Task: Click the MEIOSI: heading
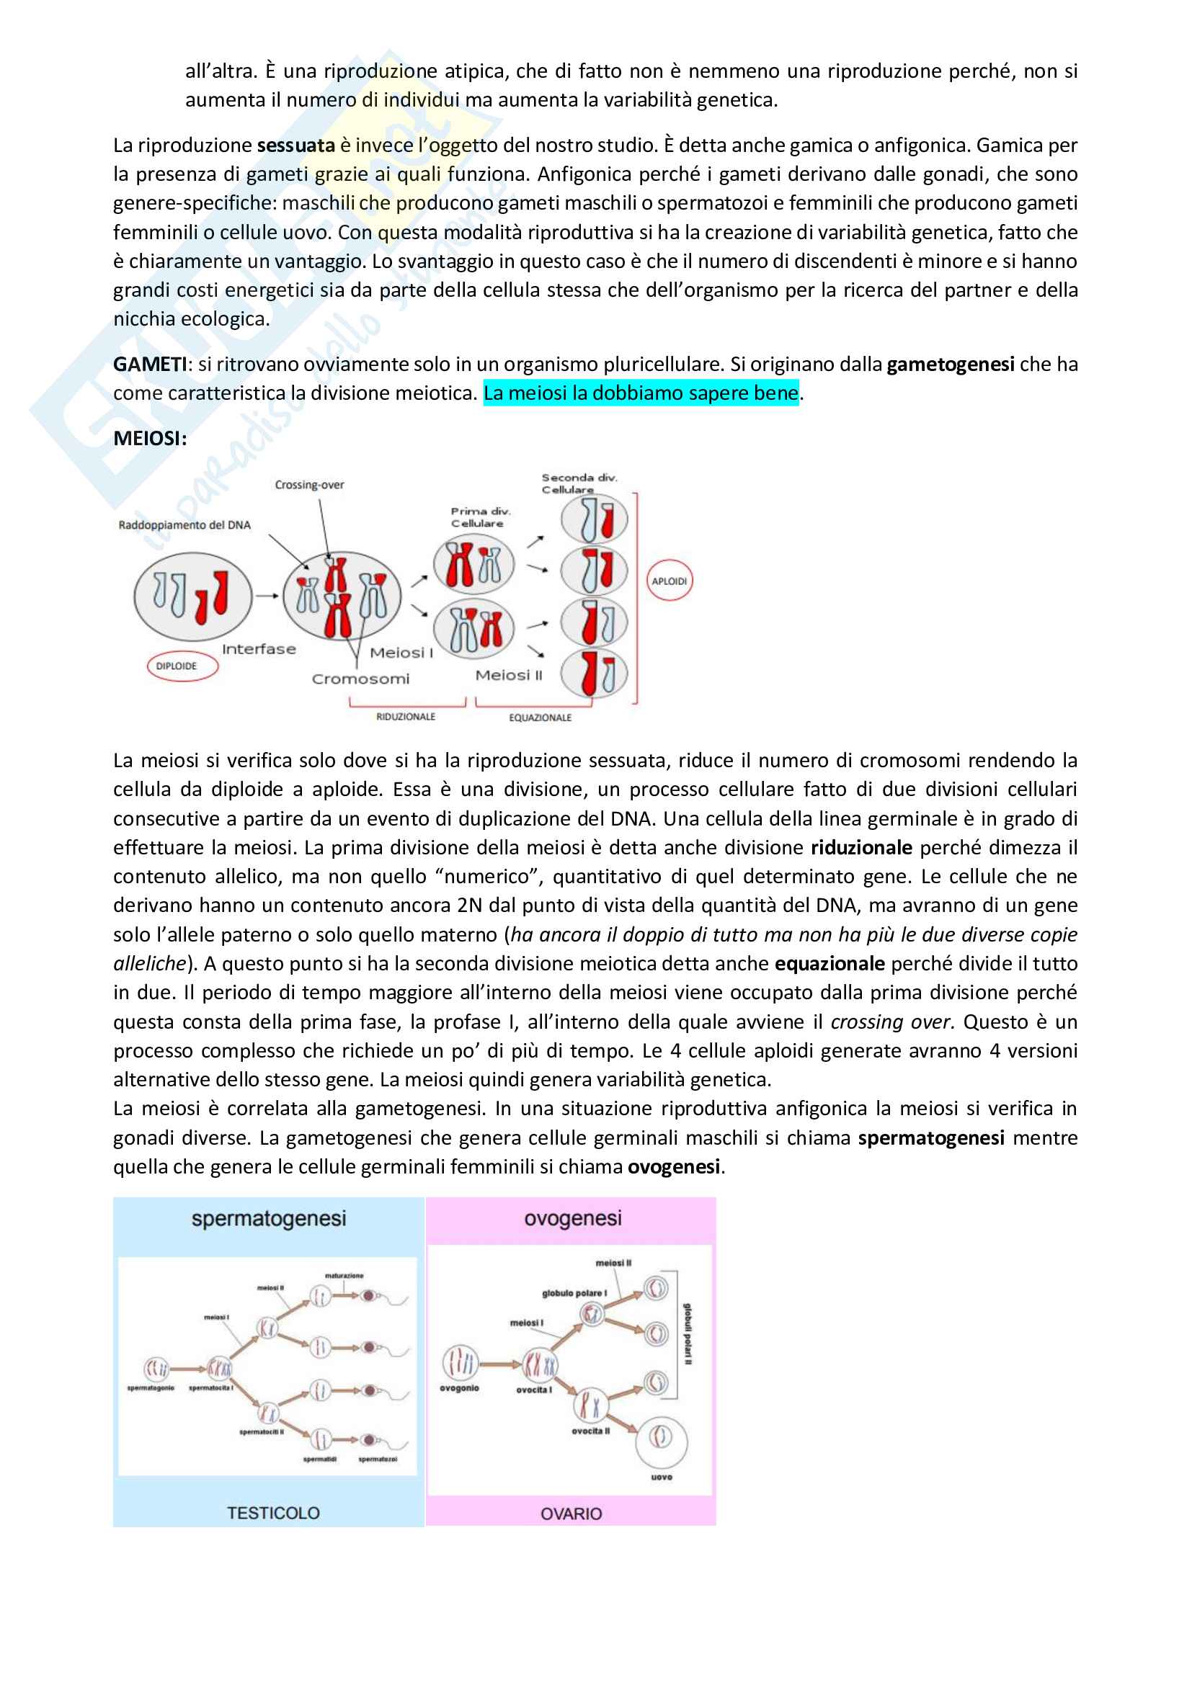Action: click(x=150, y=438)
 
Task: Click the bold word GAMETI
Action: click(x=149, y=364)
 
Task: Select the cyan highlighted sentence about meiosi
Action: click(x=640, y=393)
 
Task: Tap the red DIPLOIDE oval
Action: click(x=177, y=666)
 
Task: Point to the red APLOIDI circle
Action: click(x=670, y=581)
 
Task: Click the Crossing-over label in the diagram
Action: click(x=309, y=484)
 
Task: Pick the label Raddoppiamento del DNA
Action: click(x=184, y=524)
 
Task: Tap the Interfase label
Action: click(x=259, y=650)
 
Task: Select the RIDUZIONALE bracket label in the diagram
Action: click(x=405, y=716)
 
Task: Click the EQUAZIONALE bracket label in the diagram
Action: click(x=540, y=717)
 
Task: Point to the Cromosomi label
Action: click(x=360, y=679)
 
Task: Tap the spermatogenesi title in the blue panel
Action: click(x=268, y=1219)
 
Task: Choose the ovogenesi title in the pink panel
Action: click(x=572, y=1218)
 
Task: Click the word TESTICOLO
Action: click(x=273, y=1513)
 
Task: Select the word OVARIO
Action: click(x=570, y=1514)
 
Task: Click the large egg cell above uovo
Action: click(x=661, y=1438)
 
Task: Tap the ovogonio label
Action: click(x=460, y=1387)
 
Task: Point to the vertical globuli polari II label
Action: click(x=688, y=1335)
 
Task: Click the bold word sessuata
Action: click(x=295, y=146)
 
